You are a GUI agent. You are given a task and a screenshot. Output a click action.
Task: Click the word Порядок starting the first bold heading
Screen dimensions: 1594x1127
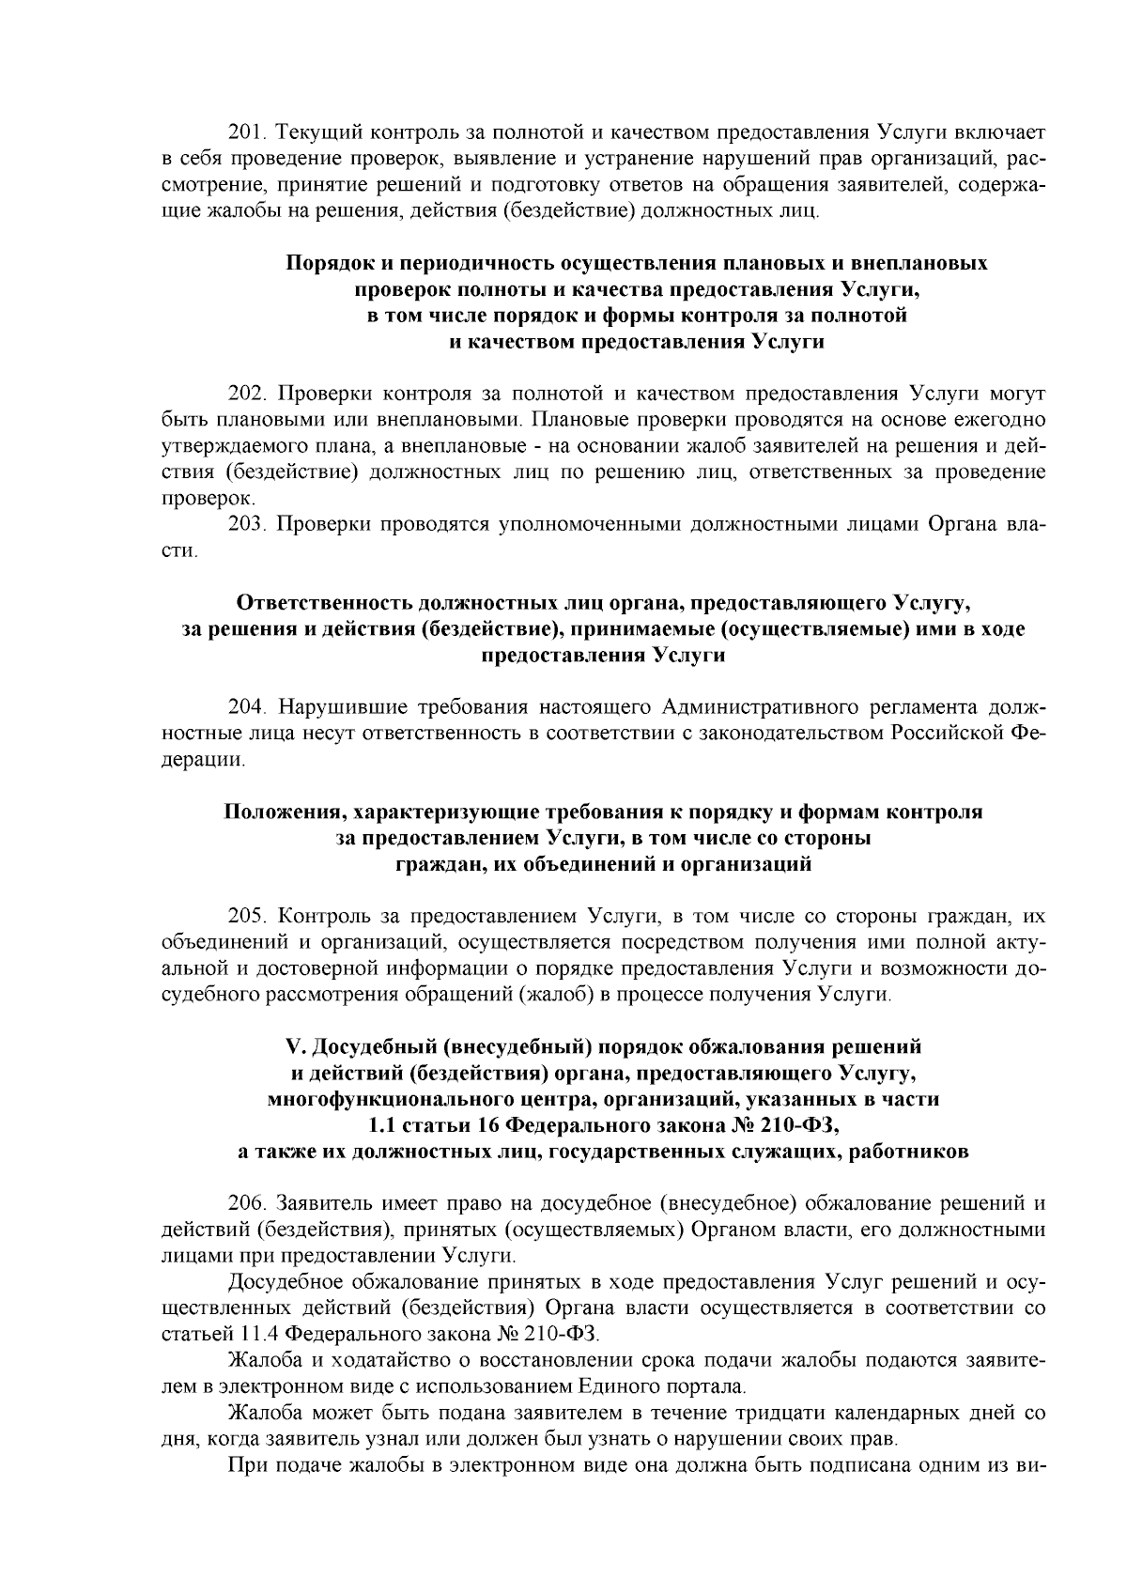click(x=327, y=263)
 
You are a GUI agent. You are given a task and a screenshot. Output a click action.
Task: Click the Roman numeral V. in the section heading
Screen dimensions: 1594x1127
click(x=291, y=1046)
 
